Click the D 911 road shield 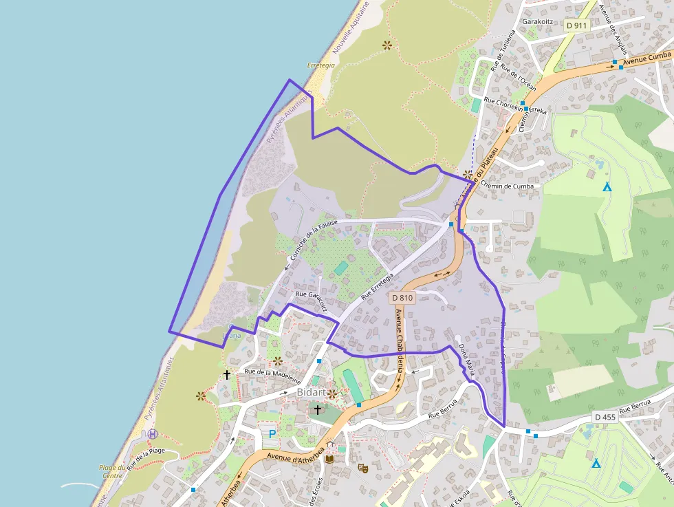[576, 25]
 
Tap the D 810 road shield [402, 298]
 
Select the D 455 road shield [605, 417]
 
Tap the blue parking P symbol [272, 434]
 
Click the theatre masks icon [362, 468]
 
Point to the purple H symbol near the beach [153, 434]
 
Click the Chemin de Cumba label [507, 186]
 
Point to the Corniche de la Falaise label [312, 240]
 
